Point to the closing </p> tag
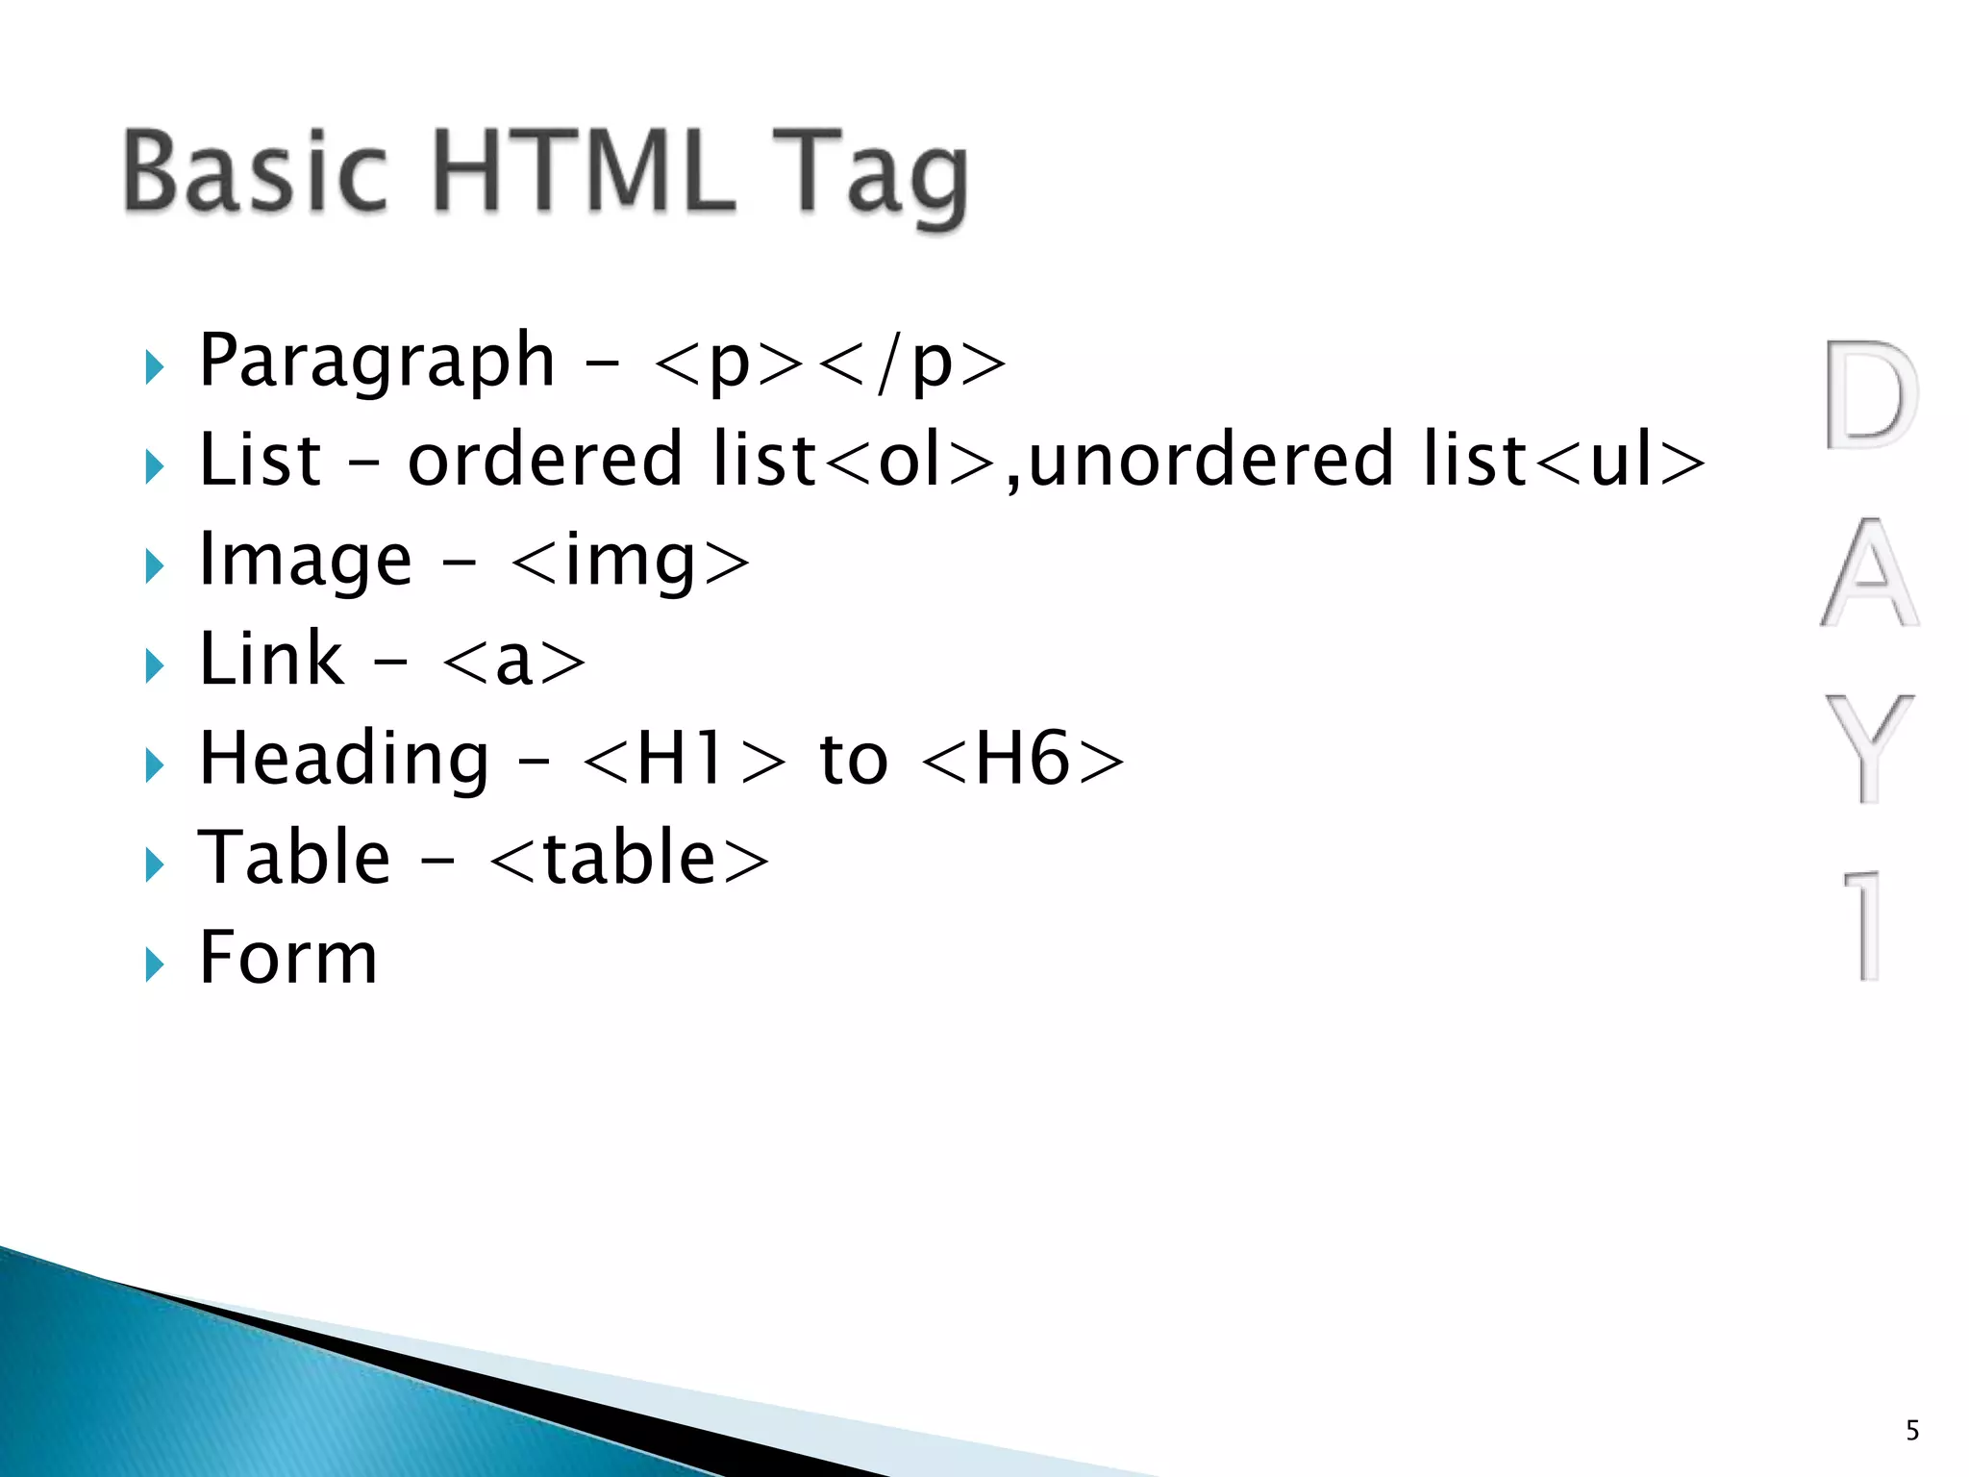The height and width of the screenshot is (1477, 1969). pos(915,363)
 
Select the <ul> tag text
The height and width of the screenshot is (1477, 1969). pos(1620,461)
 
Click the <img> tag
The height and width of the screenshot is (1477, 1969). pos(630,561)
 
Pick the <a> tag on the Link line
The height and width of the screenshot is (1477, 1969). pos(513,661)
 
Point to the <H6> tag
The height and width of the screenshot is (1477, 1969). pos(1023,760)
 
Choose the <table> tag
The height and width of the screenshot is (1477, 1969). pos(629,859)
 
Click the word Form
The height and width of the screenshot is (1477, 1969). pos(287,958)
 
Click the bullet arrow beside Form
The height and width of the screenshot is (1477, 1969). pos(154,964)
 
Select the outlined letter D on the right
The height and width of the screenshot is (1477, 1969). pos(1870,395)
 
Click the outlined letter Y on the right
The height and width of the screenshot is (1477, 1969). pos(1870,748)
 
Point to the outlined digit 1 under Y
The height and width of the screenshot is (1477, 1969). pos(1866,925)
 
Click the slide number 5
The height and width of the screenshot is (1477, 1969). pos(1912,1431)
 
